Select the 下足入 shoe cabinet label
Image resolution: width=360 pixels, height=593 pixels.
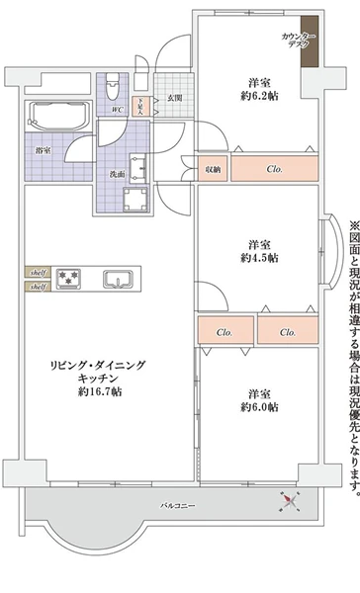(x=140, y=106)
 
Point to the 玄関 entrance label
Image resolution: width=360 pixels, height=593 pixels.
(x=174, y=97)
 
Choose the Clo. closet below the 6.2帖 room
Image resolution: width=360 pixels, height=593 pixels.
(x=275, y=168)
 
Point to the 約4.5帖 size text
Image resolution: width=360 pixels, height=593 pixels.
(x=259, y=257)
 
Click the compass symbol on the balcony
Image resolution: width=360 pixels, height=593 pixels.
(x=291, y=504)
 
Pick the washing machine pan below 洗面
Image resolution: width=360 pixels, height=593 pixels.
(x=132, y=199)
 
